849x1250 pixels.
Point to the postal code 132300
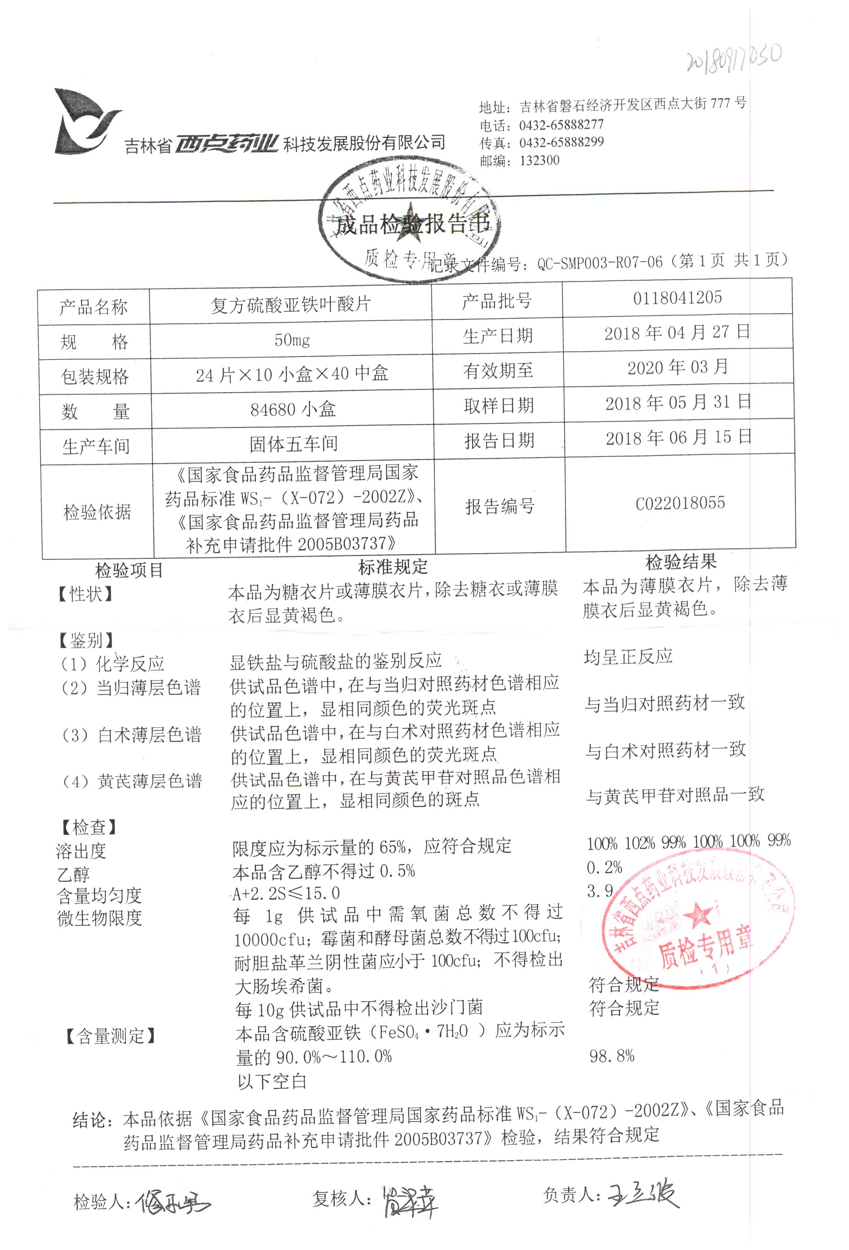point(539,160)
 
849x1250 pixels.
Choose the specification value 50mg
point(292,340)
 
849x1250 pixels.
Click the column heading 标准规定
point(393,566)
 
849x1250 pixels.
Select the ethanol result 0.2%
point(604,867)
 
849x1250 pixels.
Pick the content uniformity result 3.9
point(600,891)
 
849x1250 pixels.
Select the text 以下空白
point(272,1081)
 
